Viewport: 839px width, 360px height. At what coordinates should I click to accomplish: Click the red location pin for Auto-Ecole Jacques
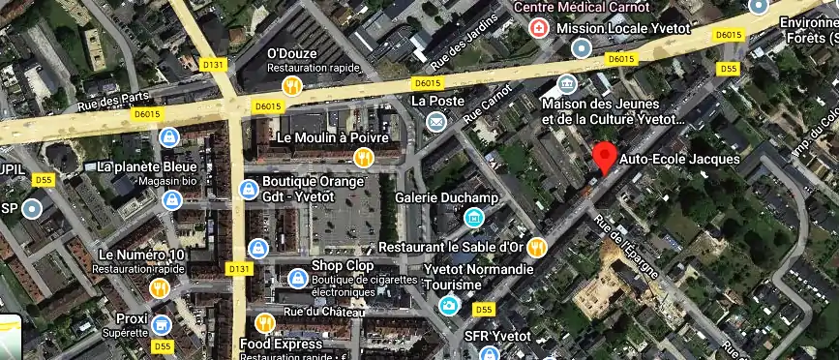(x=605, y=156)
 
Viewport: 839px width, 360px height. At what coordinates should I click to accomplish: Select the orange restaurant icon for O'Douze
(x=293, y=84)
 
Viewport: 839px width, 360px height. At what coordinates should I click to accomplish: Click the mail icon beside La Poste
(x=436, y=121)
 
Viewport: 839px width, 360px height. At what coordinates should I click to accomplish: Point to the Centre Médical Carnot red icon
(x=537, y=28)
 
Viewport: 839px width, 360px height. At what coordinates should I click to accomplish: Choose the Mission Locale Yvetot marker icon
(x=581, y=48)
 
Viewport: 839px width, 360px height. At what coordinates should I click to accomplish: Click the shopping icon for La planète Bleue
(x=169, y=136)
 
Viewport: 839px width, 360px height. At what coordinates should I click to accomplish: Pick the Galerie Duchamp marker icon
(x=473, y=219)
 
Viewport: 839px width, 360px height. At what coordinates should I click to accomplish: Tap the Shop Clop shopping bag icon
(x=298, y=279)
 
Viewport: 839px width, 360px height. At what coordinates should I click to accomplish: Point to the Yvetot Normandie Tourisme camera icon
(x=448, y=306)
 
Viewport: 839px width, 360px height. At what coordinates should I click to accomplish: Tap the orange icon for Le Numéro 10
(x=160, y=288)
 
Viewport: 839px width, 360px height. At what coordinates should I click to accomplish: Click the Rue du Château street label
(x=324, y=312)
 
